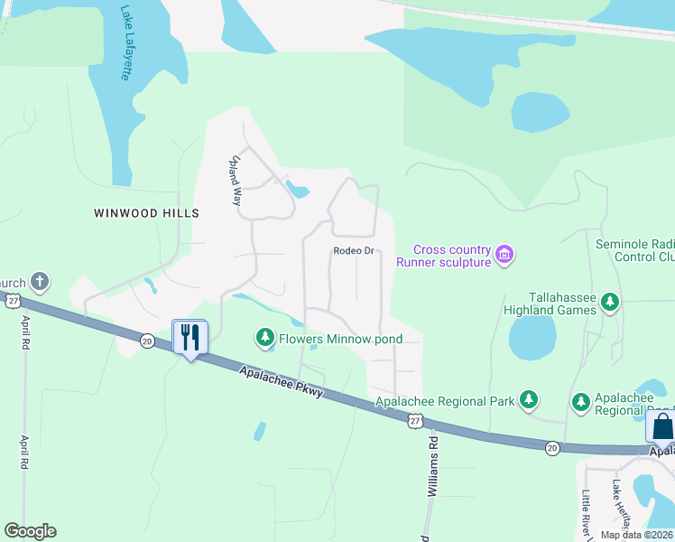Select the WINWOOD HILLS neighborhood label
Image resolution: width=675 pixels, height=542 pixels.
click(x=145, y=213)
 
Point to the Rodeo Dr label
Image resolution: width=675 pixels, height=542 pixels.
click(x=353, y=250)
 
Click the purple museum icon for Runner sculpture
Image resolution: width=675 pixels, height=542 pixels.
click(x=505, y=257)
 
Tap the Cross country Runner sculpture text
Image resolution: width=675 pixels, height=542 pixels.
click(x=452, y=256)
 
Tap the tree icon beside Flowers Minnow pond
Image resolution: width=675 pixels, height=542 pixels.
click(x=264, y=339)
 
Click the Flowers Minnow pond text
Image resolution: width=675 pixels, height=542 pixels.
click(x=340, y=339)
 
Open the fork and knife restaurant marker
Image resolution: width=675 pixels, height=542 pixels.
click(x=190, y=338)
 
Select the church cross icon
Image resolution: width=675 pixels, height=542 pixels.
click(x=39, y=282)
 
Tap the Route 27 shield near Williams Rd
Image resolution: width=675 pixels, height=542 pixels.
click(x=414, y=421)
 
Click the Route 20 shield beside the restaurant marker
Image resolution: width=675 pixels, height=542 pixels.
click(x=146, y=340)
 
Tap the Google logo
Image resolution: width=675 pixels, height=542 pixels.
click(x=30, y=531)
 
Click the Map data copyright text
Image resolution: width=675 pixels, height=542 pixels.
click(x=637, y=535)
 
